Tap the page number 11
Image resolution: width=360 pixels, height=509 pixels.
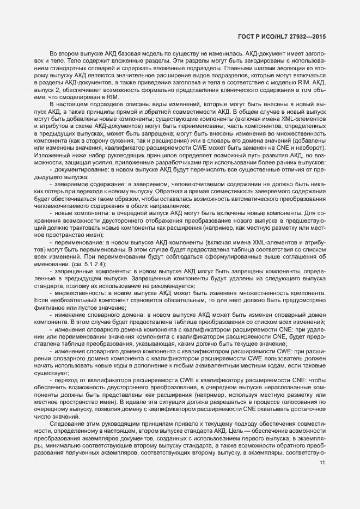(x=322, y=463)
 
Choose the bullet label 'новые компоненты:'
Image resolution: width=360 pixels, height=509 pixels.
(x=78, y=229)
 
